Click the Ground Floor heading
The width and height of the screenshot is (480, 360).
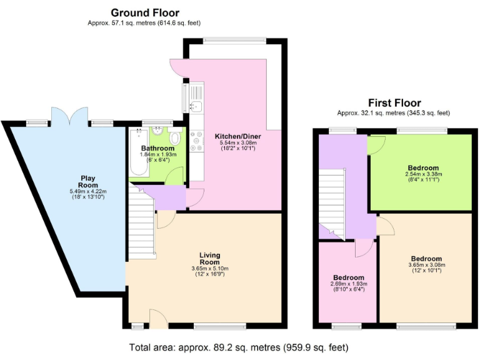point(145,12)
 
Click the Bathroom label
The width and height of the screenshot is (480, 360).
point(157,148)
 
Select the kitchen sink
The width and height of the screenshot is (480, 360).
point(196,106)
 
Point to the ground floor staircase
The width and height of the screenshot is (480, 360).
point(142,225)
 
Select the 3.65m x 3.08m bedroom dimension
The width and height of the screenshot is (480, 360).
point(426,265)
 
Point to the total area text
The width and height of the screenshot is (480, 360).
point(238,347)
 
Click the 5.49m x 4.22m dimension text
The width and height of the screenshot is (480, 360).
point(89,191)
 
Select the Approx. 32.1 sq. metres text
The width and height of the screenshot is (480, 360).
point(393,113)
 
